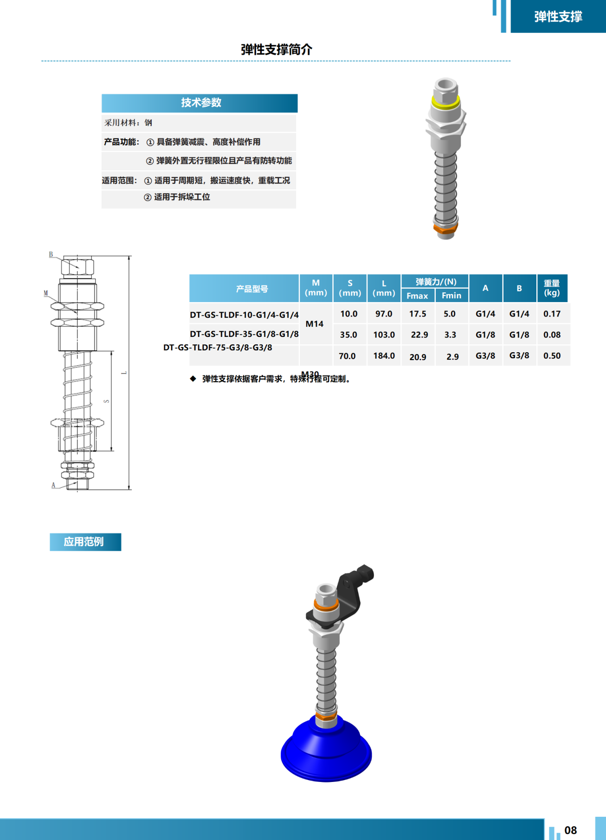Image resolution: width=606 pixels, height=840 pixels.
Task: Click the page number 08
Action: (570, 830)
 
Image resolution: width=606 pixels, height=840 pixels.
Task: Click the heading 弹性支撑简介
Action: (277, 50)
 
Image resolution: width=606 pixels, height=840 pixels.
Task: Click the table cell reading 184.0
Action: (384, 356)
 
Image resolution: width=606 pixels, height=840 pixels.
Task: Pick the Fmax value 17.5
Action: (418, 314)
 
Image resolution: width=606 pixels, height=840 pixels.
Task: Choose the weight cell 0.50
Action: (552, 356)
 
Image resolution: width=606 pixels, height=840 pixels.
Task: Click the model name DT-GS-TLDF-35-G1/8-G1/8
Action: (244, 334)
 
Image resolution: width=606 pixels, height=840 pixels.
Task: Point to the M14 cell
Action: (315, 324)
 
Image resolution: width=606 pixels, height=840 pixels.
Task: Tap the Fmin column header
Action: (451, 296)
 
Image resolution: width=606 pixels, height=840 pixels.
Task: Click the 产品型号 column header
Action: (251, 289)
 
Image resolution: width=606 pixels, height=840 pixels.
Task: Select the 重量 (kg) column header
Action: (552, 288)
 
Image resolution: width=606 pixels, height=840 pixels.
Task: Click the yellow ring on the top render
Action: (445, 102)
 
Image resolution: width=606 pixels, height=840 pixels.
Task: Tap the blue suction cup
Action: (326, 752)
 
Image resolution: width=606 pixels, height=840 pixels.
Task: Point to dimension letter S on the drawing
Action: (107, 401)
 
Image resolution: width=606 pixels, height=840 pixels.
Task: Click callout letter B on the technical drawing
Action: (51, 255)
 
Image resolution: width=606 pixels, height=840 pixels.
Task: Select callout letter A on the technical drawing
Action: (53, 485)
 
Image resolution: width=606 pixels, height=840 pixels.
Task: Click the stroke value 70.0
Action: (347, 356)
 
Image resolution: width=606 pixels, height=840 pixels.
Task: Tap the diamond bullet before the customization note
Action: (193, 379)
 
